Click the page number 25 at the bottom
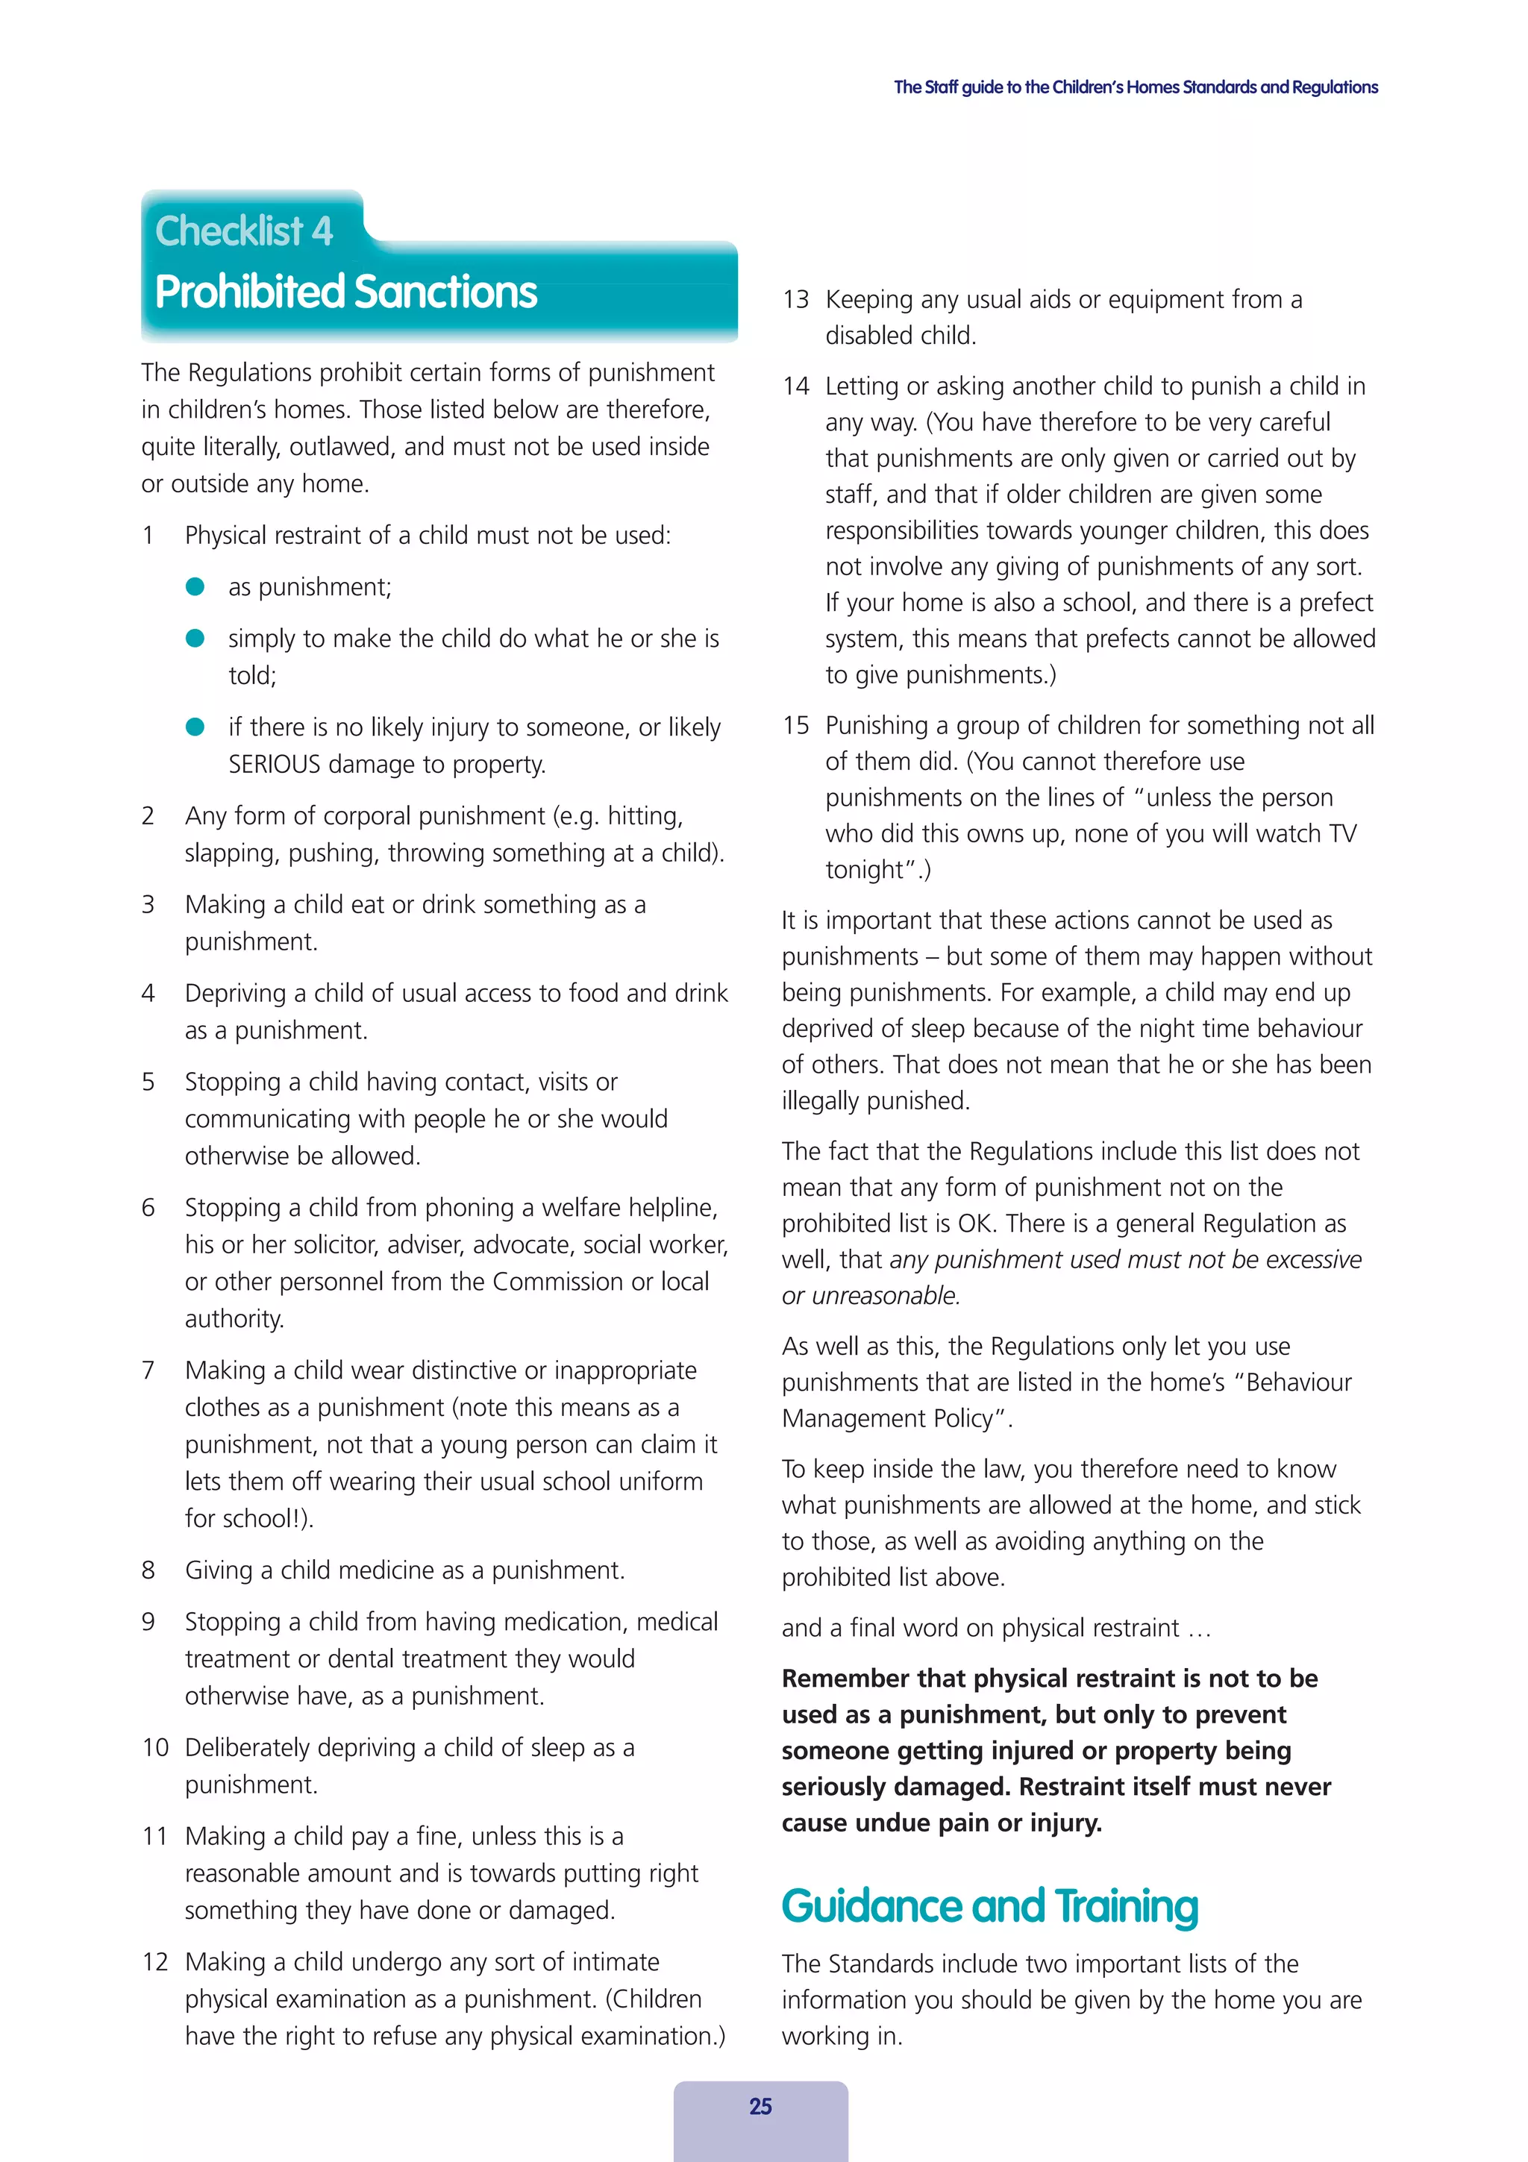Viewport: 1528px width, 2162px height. click(760, 2107)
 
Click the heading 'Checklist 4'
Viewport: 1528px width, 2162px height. click(244, 231)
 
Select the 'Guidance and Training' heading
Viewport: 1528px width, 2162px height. click(989, 1906)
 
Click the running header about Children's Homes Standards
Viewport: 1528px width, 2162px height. click(1136, 87)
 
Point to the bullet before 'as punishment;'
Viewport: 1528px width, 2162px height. click(195, 586)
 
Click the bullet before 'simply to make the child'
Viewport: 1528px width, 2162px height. click(195, 639)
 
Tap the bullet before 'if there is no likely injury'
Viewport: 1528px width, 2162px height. click(195, 727)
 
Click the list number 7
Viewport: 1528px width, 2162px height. click(148, 1370)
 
